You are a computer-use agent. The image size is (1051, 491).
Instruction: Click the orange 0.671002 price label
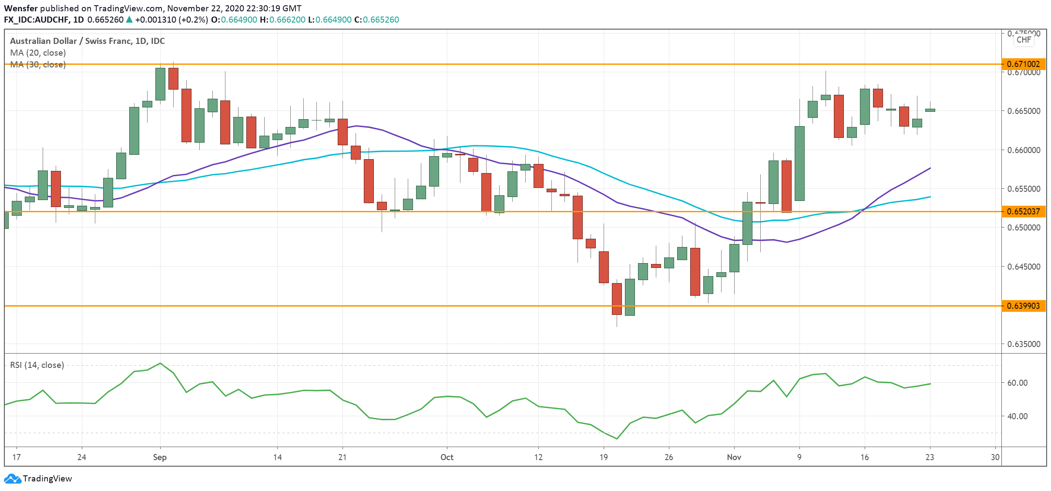tap(1023, 64)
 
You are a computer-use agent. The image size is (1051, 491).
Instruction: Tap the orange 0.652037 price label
tap(1023, 211)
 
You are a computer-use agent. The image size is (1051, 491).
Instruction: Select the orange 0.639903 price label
tap(1023, 306)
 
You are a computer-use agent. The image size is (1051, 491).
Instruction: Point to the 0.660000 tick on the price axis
tap(1024, 150)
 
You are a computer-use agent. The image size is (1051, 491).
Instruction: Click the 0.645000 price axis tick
tap(1024, 267)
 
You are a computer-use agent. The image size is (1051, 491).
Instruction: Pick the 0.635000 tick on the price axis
tap(1024, 344)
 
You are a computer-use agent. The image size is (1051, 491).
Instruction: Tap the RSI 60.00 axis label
tap(1017, 383)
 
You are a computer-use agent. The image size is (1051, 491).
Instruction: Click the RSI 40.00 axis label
tap(1017, 416)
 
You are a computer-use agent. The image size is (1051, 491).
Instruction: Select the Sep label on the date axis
tap(160, 457)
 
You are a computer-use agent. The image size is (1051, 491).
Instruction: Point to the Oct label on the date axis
tap(447, 457)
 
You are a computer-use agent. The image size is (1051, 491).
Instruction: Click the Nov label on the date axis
tap(734, 457)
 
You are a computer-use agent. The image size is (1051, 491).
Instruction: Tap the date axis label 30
tap(995, 457)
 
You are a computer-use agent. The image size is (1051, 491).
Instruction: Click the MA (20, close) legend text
tap(38, 53)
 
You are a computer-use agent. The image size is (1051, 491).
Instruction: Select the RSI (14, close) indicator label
tap(37, 365)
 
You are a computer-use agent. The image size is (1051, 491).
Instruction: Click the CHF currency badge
tap(1024, 40)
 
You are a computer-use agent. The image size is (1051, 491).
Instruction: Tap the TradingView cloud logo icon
tap(12, 478)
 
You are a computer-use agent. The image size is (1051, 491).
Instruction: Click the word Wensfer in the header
tap(20, 8)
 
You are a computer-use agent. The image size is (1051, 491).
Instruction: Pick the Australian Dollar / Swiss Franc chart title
tap(87, 41)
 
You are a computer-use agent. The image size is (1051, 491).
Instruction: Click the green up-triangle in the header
tap(129, 20)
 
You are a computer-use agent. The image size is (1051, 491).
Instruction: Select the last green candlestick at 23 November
tap(930, 110)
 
